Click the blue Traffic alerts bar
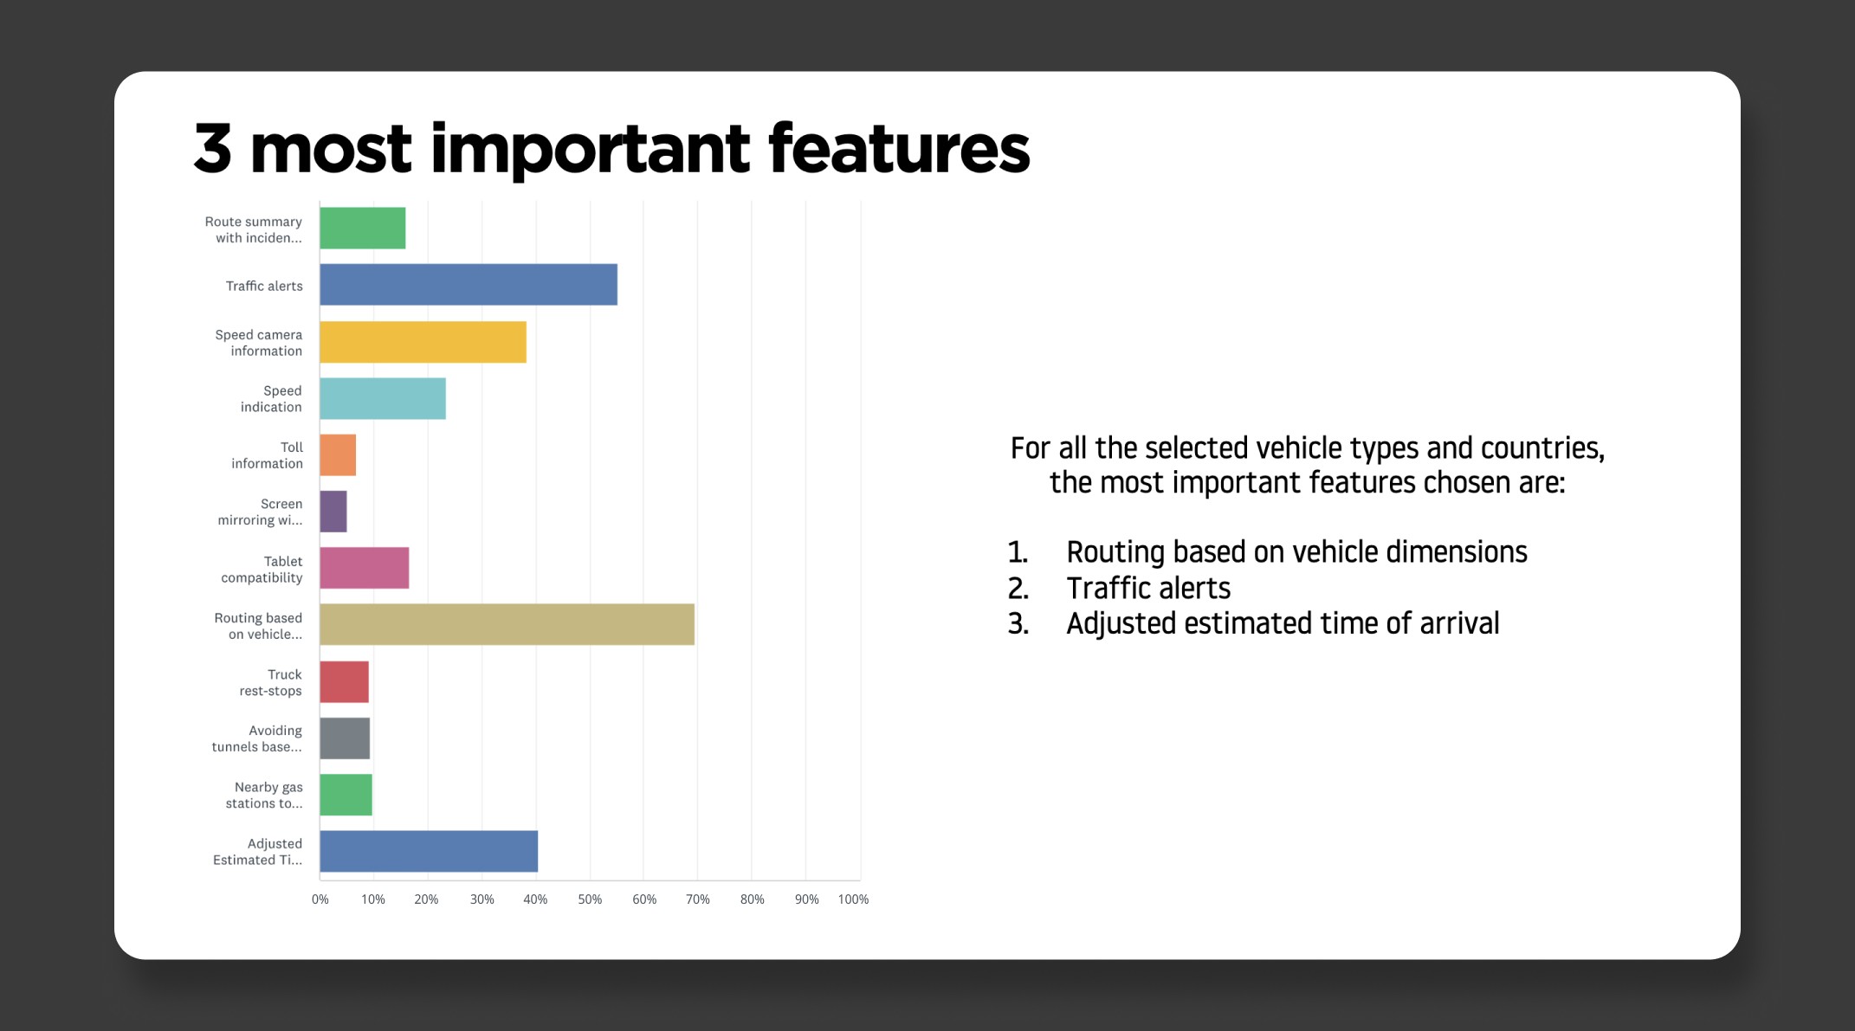click(x=469, y=285)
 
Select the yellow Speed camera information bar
click(x=423, y=342)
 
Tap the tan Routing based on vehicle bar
click(x=507, y=624)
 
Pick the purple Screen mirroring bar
click(x=333, y=512)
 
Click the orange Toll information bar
click(x=338, y=455)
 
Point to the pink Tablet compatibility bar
click(x=365, y=568)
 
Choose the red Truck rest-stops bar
click(x=345, y=682)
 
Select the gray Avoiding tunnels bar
click(x=345, y=738)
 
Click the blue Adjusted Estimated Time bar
click(x=429, y=851)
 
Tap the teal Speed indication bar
click(x=383, y=398)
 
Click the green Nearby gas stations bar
click(x=346, y=795)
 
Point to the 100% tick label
click(x=853, y=899)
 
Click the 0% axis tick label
click(x=320, y=899)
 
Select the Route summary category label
click(x=254, y=229)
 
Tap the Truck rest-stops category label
click(x=271, y=682)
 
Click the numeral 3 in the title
click(x=213, y=149)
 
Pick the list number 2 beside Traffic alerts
click(x=1018, y=589)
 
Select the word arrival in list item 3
click(x=1459, y=623)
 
